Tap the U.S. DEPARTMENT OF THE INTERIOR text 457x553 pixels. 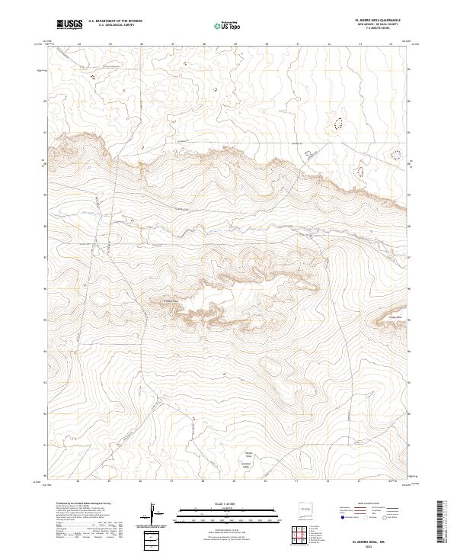pos(115,21)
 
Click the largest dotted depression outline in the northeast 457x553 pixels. pos(337,121)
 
